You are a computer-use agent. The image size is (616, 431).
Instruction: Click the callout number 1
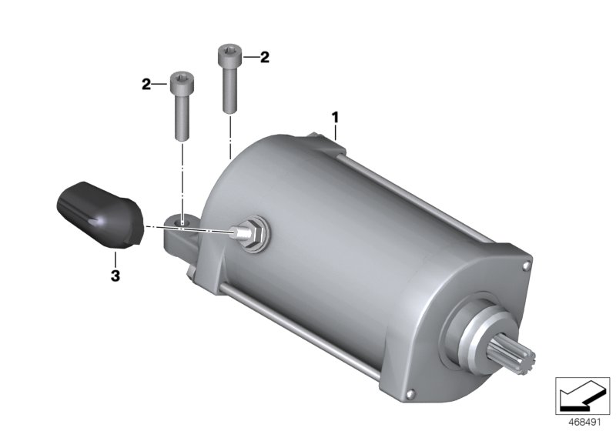pyautogui.click(x=335, y=117)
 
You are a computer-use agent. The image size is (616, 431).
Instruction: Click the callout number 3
pyautogui.click(x=115, y=276)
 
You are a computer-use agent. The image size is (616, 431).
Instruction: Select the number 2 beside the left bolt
pyautogui.click(x=146, y=84)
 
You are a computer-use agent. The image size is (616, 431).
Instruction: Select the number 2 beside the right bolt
pyautogui.click(x=265, y=57)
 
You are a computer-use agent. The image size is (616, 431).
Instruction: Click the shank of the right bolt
pyautogui.click(x=229, y=88)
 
